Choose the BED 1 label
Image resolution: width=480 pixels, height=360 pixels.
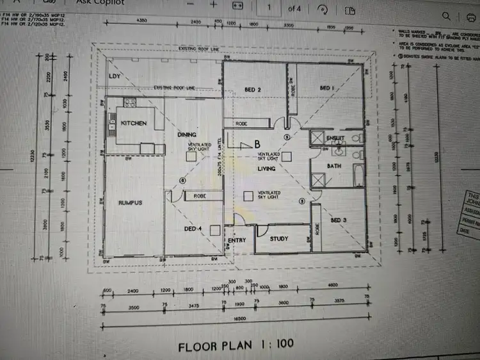click(x=327, y=88)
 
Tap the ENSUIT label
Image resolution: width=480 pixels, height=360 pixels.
click(x=335, y=138)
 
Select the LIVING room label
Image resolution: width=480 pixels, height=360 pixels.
click(x=267, y=168)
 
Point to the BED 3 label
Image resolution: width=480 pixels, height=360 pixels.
click(x=339, y=220)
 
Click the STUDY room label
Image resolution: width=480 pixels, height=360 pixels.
click(x=279, y=239)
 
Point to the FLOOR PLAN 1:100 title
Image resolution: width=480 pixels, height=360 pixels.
click(x=236, y=344)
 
